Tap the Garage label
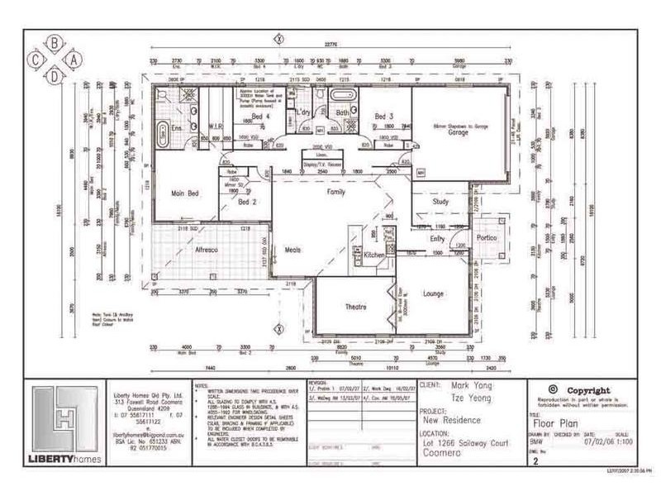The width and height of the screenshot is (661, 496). click(x=459, y=132)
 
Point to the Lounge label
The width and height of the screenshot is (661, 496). click(x=433, y=293)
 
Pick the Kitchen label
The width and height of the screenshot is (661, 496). click(x=374, y=255)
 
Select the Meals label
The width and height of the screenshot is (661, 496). click(x=292, y=249)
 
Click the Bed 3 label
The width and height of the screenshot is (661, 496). click(x=381, y=116)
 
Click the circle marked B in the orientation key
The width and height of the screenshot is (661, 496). click(x=55, y=41)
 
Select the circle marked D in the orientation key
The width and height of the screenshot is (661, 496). click(x=55, y=77)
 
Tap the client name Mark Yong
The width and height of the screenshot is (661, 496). click(x=468, y=384)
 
